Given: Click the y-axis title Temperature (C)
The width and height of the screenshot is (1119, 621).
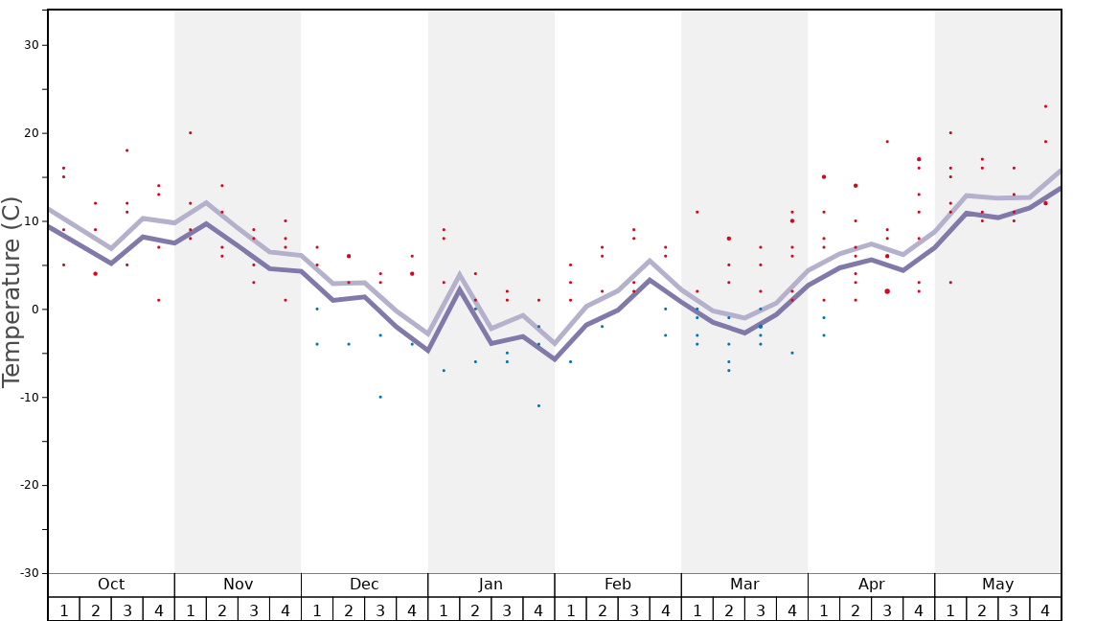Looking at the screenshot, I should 11,291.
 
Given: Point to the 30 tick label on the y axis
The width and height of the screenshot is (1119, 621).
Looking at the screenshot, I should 31,45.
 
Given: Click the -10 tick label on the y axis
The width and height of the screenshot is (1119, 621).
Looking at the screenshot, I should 28,397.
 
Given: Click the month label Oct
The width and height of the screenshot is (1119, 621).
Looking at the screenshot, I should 111,585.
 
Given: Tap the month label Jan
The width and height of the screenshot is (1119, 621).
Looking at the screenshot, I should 491,585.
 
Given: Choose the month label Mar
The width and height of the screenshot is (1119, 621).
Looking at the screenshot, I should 744,585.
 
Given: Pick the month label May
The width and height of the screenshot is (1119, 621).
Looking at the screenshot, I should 997,585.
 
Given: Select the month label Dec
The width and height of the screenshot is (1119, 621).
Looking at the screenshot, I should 364,585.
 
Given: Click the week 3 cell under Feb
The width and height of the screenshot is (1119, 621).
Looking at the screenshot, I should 633,610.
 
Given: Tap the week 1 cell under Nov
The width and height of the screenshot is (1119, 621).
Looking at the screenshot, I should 191,610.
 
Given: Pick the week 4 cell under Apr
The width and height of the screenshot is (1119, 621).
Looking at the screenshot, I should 919,610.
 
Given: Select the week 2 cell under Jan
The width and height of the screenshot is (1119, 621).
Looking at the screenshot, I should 475,610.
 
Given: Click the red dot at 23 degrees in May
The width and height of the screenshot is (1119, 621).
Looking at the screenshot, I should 1045,106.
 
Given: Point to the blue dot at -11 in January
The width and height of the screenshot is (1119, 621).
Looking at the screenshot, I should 538,405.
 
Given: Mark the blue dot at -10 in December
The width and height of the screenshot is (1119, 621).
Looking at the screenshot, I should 380,397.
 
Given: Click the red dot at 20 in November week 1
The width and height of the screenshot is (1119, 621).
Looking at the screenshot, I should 191,133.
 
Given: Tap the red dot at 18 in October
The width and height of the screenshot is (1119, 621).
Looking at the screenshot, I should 126,150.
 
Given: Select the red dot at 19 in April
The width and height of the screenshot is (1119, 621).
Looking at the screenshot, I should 887,142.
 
